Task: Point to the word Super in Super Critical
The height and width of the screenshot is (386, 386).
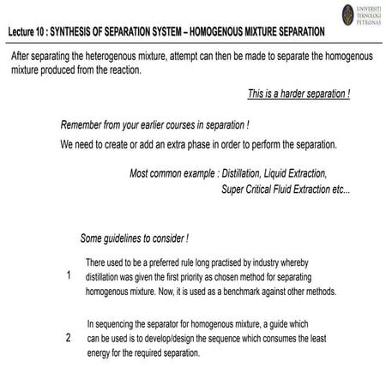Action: (234, 189)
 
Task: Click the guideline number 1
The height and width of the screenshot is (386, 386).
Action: (68, 276)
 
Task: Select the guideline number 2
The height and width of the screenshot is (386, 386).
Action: (68, 338)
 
